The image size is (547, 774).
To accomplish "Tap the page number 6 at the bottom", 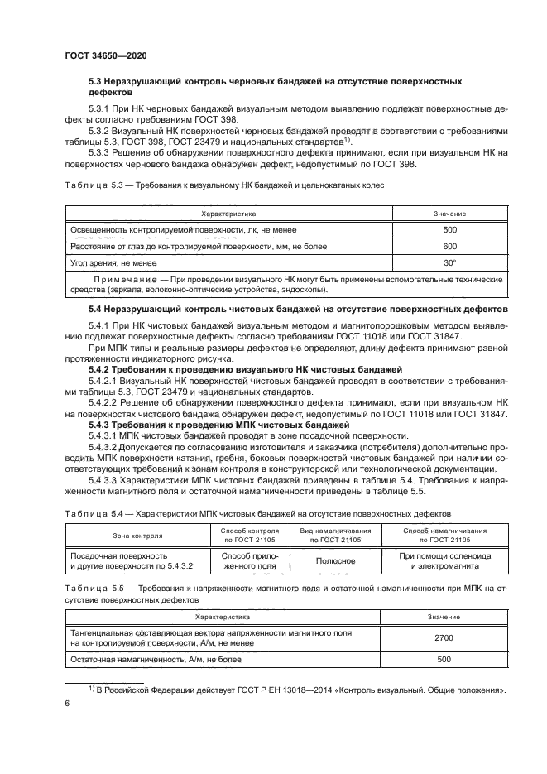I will pos(68,702).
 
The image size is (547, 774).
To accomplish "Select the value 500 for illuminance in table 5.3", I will pos(449,230).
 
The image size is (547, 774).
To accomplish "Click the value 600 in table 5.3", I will pos(449,247).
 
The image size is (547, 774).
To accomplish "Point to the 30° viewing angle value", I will pos(449,263).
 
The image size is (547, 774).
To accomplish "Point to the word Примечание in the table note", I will pos(122,280).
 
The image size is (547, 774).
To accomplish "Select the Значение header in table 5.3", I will pos(449,214).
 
